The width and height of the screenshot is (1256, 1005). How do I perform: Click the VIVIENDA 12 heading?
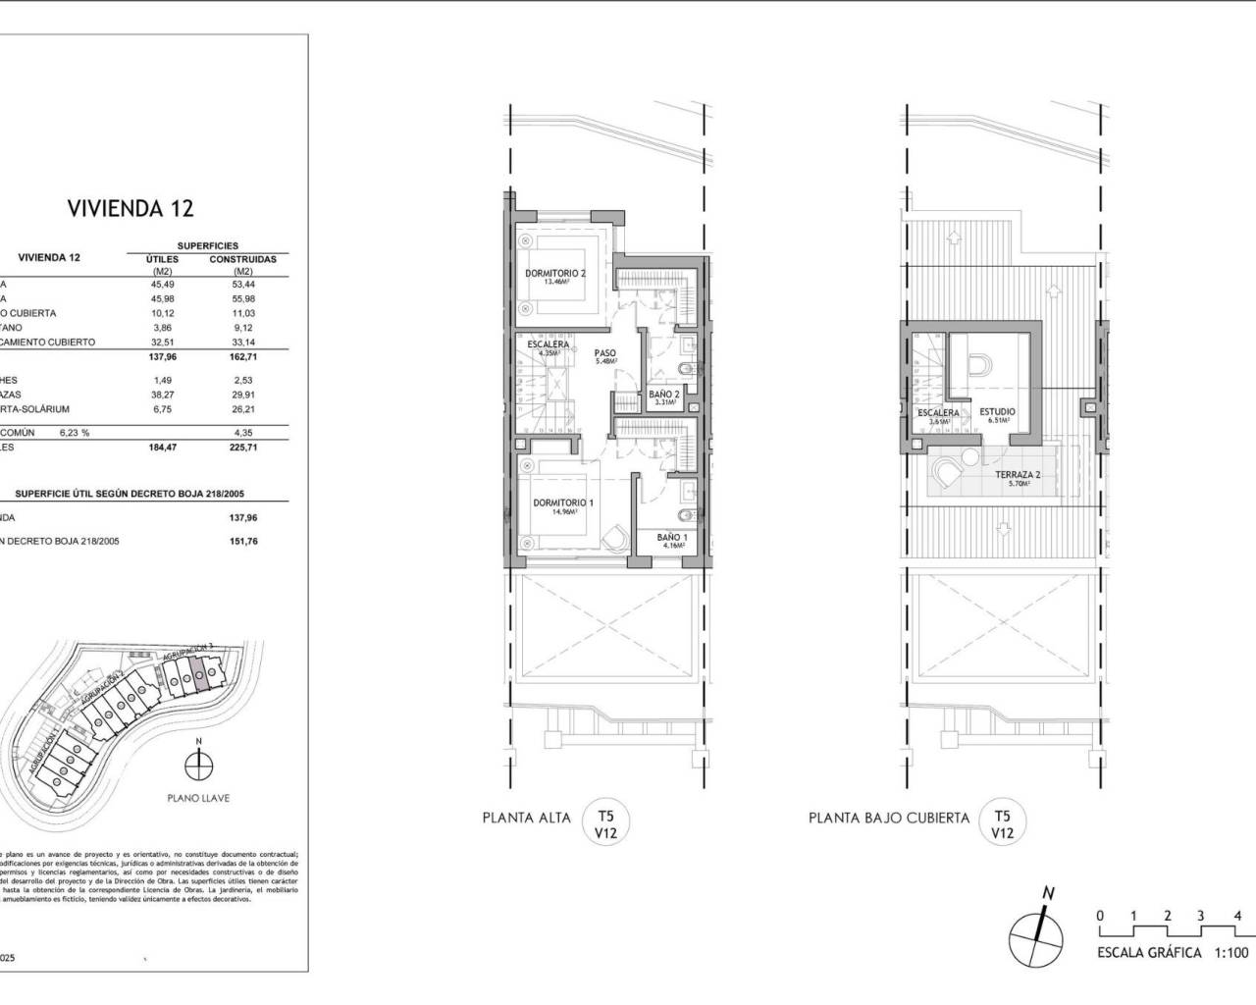(131, 208)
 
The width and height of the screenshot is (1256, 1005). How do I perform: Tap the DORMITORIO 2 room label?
(554, 274)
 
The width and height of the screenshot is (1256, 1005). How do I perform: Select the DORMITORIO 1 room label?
(563, 503)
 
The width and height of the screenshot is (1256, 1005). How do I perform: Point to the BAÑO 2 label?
(664, 395)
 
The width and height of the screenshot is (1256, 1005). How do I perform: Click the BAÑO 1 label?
(672, 538)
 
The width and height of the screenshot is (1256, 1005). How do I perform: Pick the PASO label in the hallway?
(604, 352)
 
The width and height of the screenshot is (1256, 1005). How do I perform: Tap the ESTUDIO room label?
(997, 412)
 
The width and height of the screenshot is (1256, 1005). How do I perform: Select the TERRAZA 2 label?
(1018, 475)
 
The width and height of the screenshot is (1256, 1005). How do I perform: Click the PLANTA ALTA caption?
(527, 818)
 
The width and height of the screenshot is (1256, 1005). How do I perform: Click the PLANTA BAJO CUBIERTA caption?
(889, 818)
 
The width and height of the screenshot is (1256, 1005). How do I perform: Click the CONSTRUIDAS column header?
(242, 259)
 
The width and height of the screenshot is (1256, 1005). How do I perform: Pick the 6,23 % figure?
(75, 432)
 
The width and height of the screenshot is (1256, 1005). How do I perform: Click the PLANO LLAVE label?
(198, 798)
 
